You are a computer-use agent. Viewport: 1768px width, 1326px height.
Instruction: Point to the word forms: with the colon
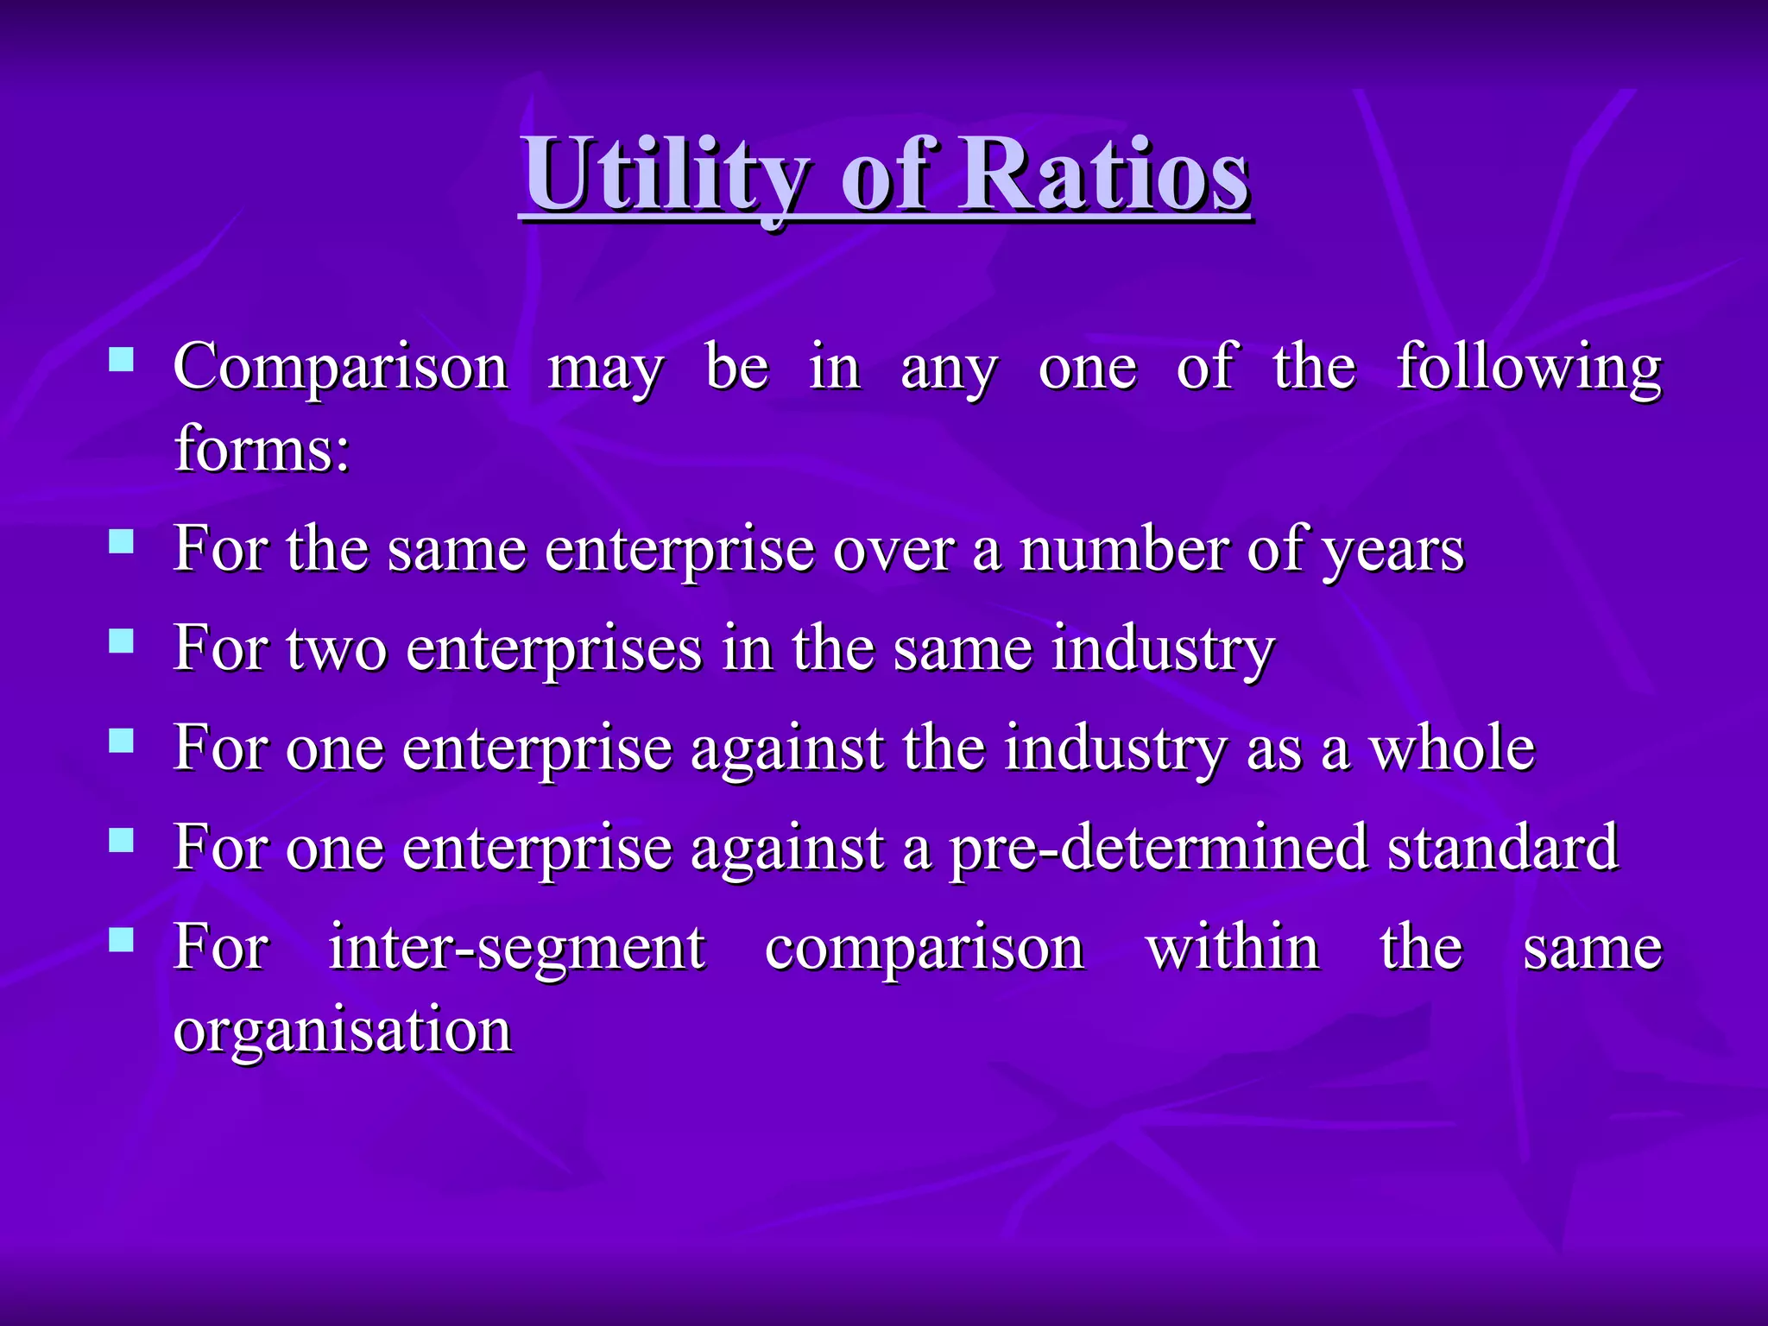tap(262, 449)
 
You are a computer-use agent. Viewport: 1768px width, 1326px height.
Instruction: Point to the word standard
tap(1502, 848)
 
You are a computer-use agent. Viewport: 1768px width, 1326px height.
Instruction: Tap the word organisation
tap(343, 1031)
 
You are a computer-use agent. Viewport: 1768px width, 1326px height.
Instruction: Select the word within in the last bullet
tap(1233, 948)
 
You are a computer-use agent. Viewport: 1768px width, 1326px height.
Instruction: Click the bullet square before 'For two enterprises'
tap(122, 641)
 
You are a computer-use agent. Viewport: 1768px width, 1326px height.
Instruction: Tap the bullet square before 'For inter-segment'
tap(122, 939)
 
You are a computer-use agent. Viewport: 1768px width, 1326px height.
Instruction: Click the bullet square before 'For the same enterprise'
tap(122, 541)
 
